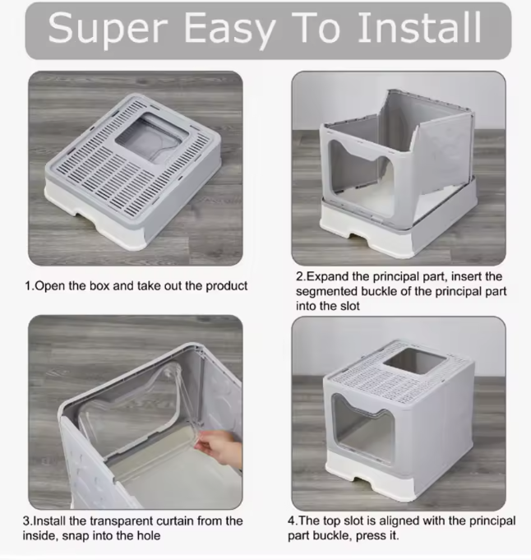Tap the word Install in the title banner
click(419, 26)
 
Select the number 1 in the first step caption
click(27, 285)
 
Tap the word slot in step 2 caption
click(349, 306)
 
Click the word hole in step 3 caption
click(149, 535)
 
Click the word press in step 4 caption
click(366, 536)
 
